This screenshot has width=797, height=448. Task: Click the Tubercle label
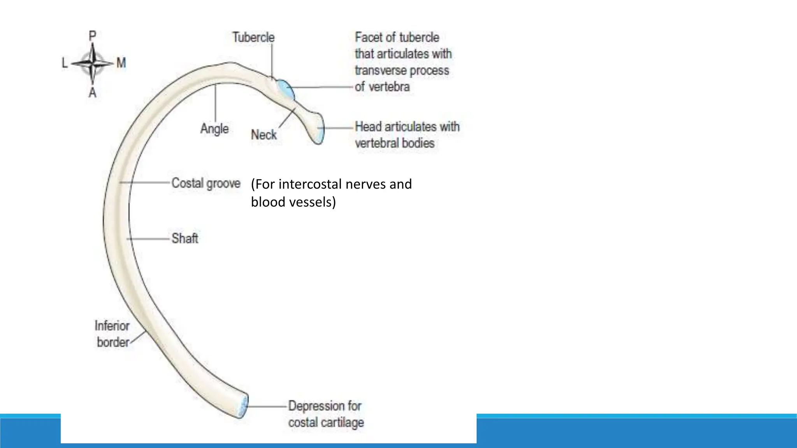click(x=253, y=37)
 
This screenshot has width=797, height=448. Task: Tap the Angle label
click(x=214, y=128)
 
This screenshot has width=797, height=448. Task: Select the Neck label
click(x=263, y=135)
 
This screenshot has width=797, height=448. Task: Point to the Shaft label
click(x=185, y=238)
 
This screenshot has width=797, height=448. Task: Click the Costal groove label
click(x=206, y=183)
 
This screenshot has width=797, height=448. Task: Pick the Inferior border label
click(x=112, y=334)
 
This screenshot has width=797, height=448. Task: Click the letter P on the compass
click(x=92, y=36)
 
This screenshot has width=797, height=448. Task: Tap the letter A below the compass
click(x=92, y=93)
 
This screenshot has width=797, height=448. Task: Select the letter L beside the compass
click(x=65, y=63)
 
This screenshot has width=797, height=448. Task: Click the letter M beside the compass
click(x=121, y=63)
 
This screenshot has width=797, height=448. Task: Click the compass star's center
click(x=93, y=63)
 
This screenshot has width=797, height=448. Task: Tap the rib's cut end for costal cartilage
click(x=243, y=407)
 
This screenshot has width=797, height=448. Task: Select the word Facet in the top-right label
click(x=368, y=37)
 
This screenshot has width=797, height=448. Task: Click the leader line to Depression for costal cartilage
click(x=267, y=406)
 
